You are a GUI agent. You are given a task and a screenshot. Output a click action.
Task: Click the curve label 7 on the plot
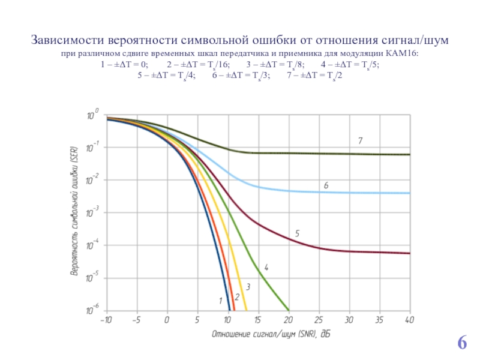360,140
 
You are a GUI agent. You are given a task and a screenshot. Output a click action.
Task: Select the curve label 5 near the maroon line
297,232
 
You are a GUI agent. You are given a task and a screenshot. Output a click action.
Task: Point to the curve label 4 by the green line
266,267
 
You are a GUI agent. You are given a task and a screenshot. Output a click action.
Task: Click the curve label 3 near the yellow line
247,289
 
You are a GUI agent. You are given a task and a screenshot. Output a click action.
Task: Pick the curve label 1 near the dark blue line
220,299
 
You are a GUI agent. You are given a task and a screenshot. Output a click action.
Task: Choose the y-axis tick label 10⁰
94,115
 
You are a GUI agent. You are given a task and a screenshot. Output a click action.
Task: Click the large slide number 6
462,343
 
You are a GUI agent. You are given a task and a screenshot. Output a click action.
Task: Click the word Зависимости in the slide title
68,41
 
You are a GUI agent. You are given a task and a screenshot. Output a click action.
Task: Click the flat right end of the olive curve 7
402,154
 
